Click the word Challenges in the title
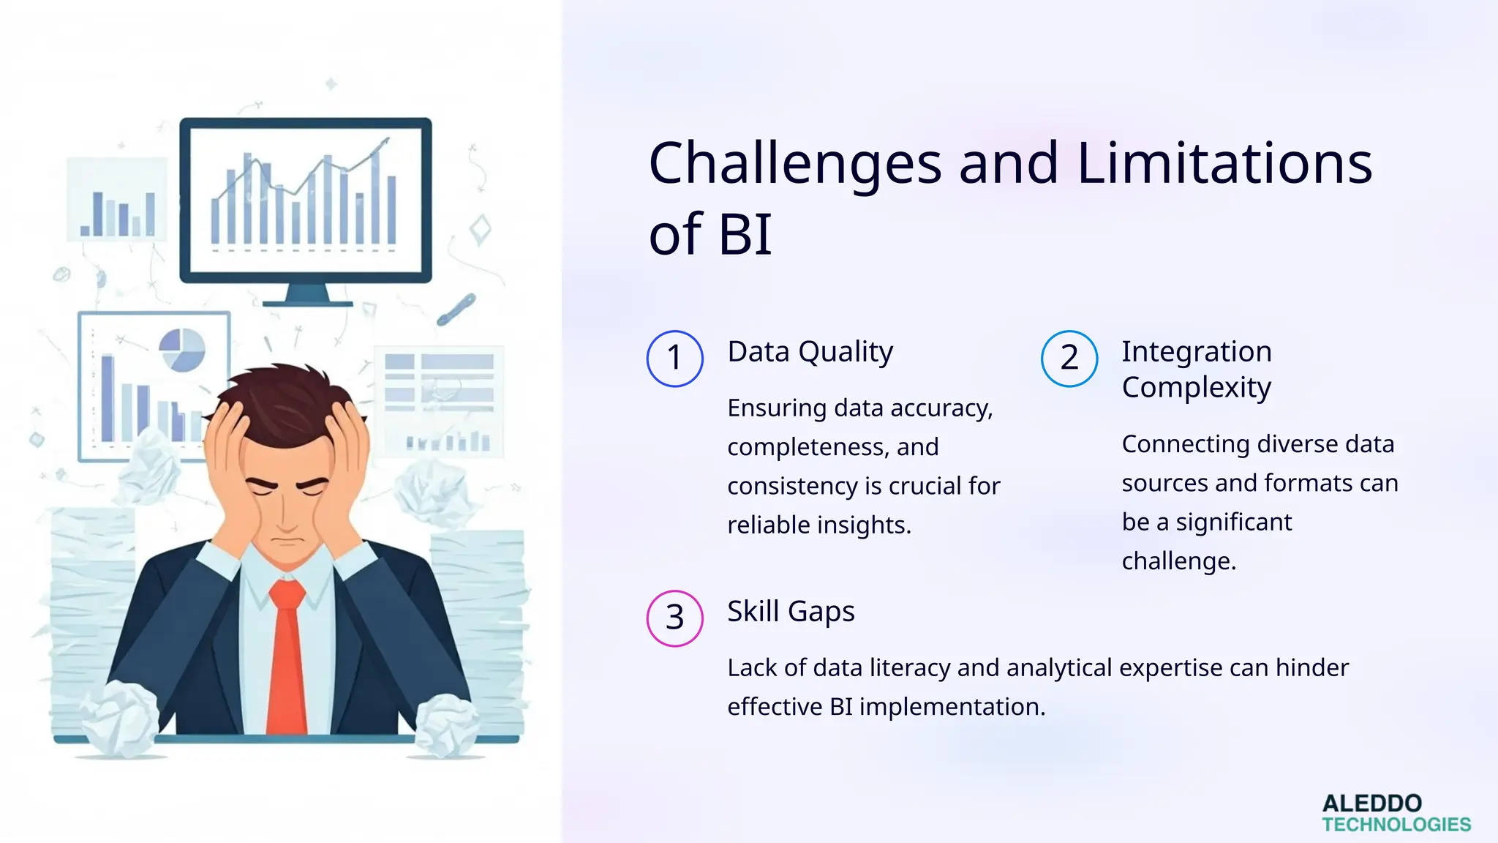[795, 164]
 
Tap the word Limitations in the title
[1224, 164]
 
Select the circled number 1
[674, 359]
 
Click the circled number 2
[1069, 359]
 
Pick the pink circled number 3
[674, 618]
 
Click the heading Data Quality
[810, 352]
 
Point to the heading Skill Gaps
[790, 611]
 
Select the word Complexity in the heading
[1196, 387]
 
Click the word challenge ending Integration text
[1178, 561]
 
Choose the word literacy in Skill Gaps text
[909, 667]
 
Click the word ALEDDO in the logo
[1371, 803]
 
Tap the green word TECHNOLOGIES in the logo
[1396, 825]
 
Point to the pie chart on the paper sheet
[181, 350]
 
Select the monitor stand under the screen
[306, 296]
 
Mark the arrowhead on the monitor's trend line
[385, 141]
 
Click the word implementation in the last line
[952, 707]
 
